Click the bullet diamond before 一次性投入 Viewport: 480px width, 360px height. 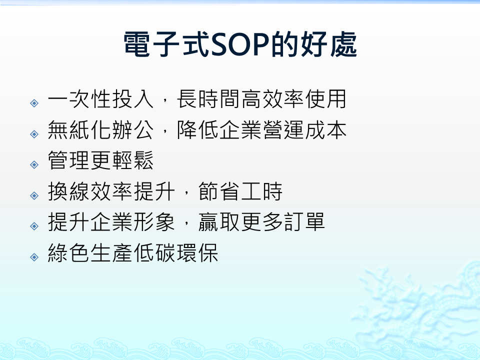tap(34, 103)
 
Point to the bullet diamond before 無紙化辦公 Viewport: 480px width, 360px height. tap(34, 134)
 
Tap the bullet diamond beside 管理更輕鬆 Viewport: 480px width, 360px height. tap(34, 164)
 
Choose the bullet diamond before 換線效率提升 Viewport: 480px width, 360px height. tap(34, 195)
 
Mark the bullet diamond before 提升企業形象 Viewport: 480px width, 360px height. tap(34, 226)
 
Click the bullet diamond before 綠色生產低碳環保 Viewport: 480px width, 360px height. tap(34, 257)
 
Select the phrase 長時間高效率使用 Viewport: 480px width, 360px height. tap(261, 99)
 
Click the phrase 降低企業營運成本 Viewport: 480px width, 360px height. tap(261, 130)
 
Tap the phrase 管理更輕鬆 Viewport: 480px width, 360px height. tap(100, 160)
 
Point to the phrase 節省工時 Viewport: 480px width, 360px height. tap(240, 191)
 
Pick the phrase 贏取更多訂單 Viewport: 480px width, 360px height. tap(261, 222)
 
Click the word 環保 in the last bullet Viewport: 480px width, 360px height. tap(197, 253)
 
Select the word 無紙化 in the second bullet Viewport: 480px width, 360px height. tap(79, 130)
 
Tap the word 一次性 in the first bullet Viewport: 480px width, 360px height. tap(79, 99)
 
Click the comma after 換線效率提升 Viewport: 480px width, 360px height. tap(186, 193)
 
